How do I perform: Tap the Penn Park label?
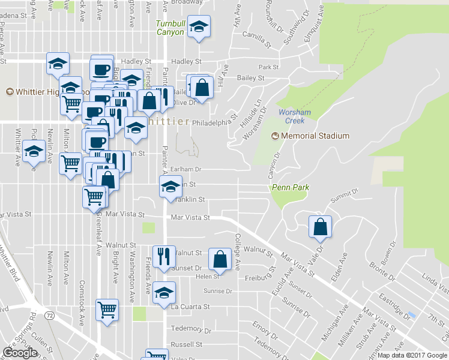pos(291,188)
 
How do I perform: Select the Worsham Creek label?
pos(291,116)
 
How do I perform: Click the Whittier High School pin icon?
pos(10,92)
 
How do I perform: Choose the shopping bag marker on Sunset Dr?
pos(220,259)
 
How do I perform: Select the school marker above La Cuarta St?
pos(164,292)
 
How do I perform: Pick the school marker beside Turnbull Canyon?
pos(199,26)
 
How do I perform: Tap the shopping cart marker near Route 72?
pos(107,310)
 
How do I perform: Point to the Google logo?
pos(20,353)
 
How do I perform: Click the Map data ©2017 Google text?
pos(412,355)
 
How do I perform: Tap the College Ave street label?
pos(238,251)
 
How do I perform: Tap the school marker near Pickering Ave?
pos(34,152)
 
